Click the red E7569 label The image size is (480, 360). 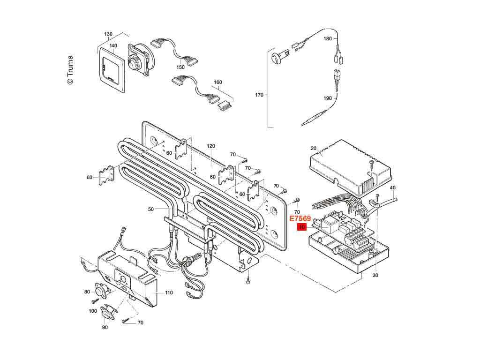(x=300, y=219)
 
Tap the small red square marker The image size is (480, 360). (x=302, y=227)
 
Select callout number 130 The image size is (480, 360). (x=108, y=34)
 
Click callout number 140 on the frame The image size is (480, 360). (x=113, y=45)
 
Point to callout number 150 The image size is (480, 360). (x=180, y=67)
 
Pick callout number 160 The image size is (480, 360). (x=217, y=82)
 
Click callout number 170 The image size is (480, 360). (x=259, y=95)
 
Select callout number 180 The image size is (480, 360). (x=327, y=38)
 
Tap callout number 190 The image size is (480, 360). (x=327, y=98)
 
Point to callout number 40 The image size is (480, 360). (x=393, y=187)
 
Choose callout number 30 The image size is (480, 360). (x=375, y=276)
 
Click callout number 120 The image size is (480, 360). (x=211, y=146)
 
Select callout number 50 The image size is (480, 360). (x=150, y=209)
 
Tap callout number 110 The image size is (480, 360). (x=169, y=292)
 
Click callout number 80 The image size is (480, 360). (x=87, y=292)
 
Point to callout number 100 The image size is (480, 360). (x=93, y=311)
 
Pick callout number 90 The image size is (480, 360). (x=105, y=327)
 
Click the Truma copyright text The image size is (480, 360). (x=70, y=70)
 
